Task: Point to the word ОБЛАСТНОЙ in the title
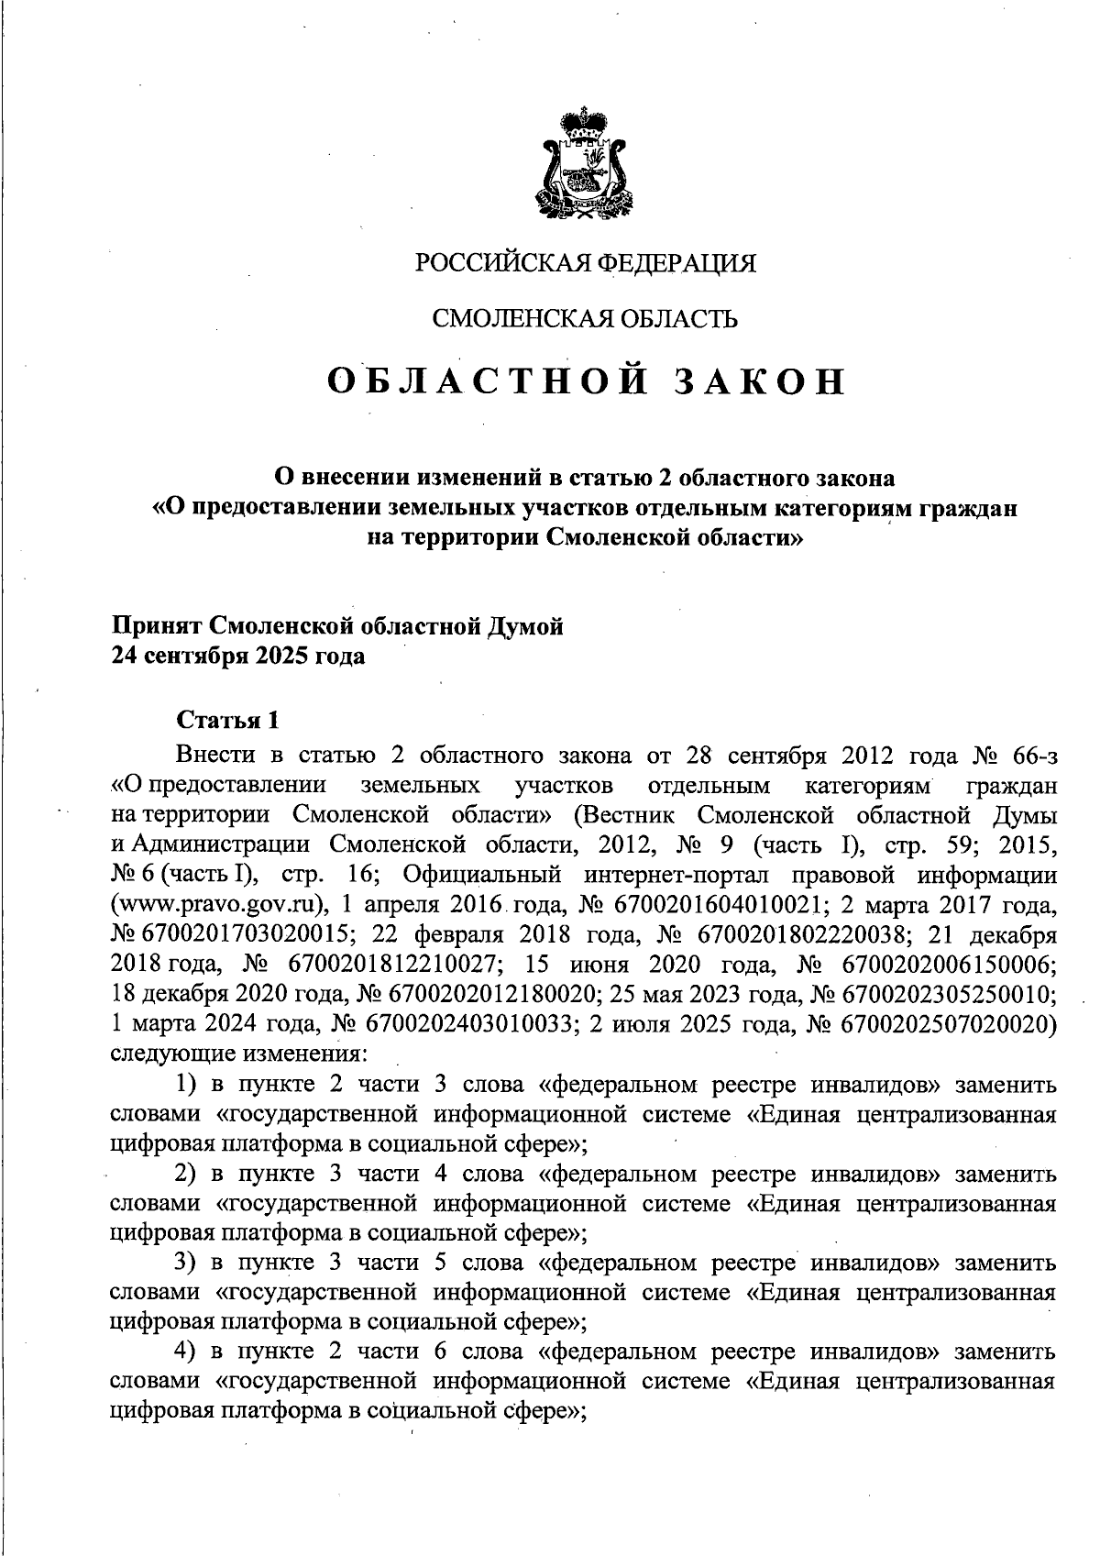coord(480,381)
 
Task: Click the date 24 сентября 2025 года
coord(237,657)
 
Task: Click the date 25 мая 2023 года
coord(697,996)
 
